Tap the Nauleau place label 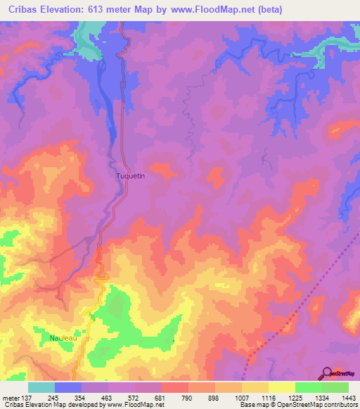tap(63, 338)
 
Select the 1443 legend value tap(348, 398)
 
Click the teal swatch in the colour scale tap(41, 387)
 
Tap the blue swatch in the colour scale tap(69, 387)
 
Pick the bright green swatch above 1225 tap(308, 387)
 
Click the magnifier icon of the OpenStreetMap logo tap(327, 372)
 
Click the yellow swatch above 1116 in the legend tap(281, 387)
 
